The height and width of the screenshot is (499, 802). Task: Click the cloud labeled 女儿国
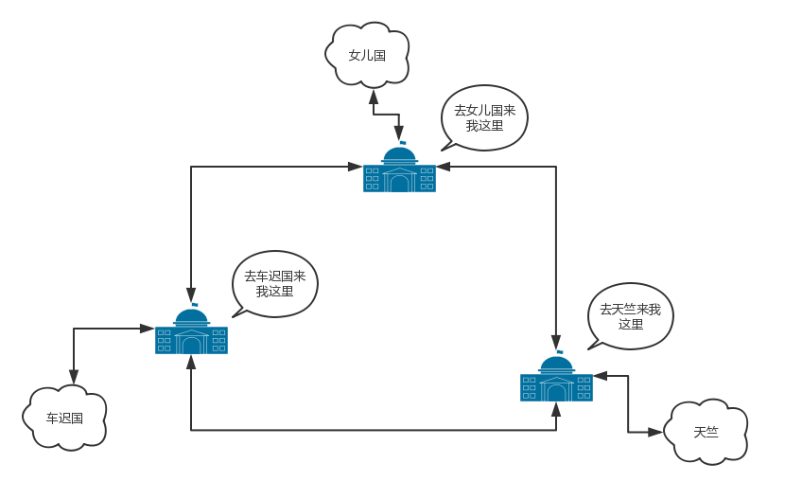point(367,55)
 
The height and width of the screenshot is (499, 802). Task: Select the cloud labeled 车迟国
point(64,418)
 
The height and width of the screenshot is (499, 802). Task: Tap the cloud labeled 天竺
point(706,432)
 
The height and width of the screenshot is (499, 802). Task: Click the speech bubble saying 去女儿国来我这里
point(484,117)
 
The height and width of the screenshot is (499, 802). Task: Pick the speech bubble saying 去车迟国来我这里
point(275,283)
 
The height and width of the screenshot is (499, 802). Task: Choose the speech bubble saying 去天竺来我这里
point(630,315)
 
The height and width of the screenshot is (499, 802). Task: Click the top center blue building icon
point(399,170)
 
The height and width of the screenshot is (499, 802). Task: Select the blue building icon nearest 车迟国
point(191,332)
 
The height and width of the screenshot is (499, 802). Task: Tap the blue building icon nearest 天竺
point(556,379)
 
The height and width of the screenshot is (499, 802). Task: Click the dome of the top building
point(399,154)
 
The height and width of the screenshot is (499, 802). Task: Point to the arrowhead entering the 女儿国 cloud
point(374,96)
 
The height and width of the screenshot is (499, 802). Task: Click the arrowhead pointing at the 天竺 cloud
point(655,432)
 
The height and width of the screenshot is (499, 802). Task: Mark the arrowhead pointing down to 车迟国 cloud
point(74,377)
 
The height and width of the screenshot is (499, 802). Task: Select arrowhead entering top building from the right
point(443,167)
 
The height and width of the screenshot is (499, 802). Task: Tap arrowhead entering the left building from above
point(191,294)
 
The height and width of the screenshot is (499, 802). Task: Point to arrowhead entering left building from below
point(191,362)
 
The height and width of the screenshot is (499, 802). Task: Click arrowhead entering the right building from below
point(556,409)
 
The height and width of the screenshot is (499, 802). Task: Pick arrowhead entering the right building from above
point(556,342)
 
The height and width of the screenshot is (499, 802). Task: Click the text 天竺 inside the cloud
point(706,432)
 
